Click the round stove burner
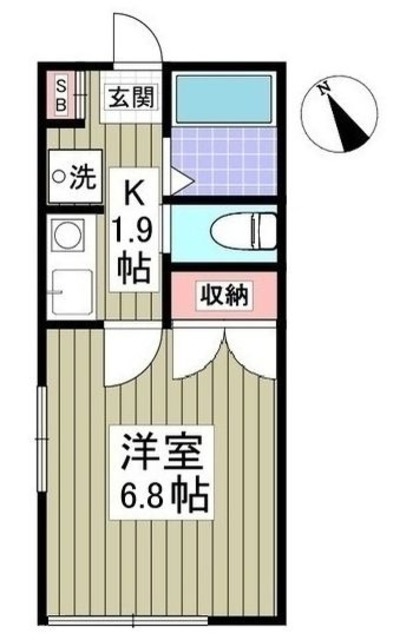point(68,241)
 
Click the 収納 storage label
point(225,295)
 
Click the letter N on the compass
point(325,88)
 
